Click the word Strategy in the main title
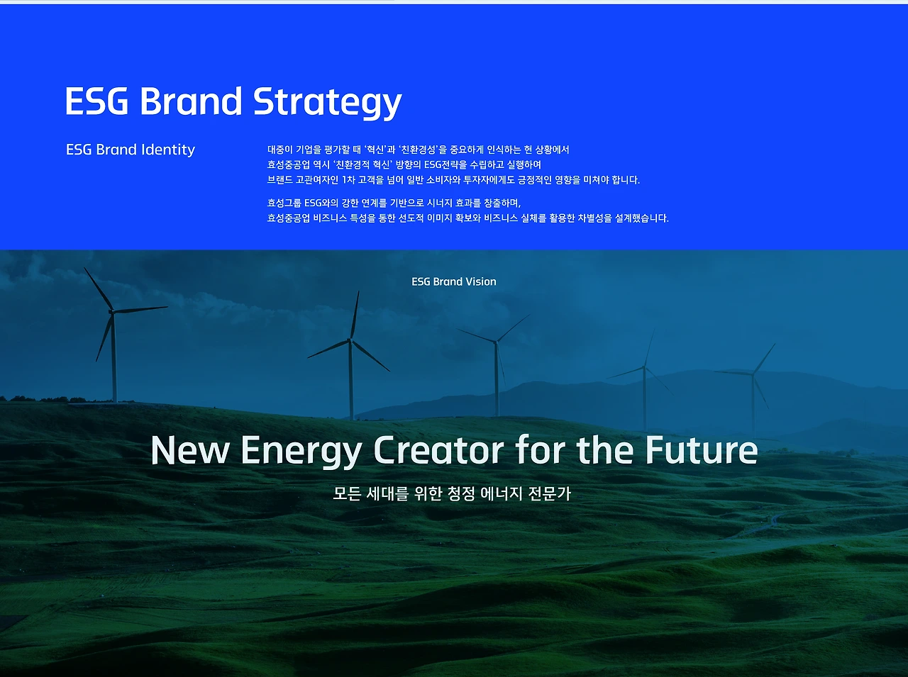point(327,103)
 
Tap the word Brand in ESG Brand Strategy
point(191,101)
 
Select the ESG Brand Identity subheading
point(131,150)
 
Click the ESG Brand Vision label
point(454,281)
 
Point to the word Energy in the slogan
point(301,452)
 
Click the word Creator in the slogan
point(438,450)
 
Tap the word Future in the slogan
point(702,450)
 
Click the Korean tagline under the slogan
point(452,493)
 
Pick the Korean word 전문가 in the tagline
point(550,493)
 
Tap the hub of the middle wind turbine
point(496,342)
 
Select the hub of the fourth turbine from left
point(644,367)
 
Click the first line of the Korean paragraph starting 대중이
point(419,150)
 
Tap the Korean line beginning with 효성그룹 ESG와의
point(394,203)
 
